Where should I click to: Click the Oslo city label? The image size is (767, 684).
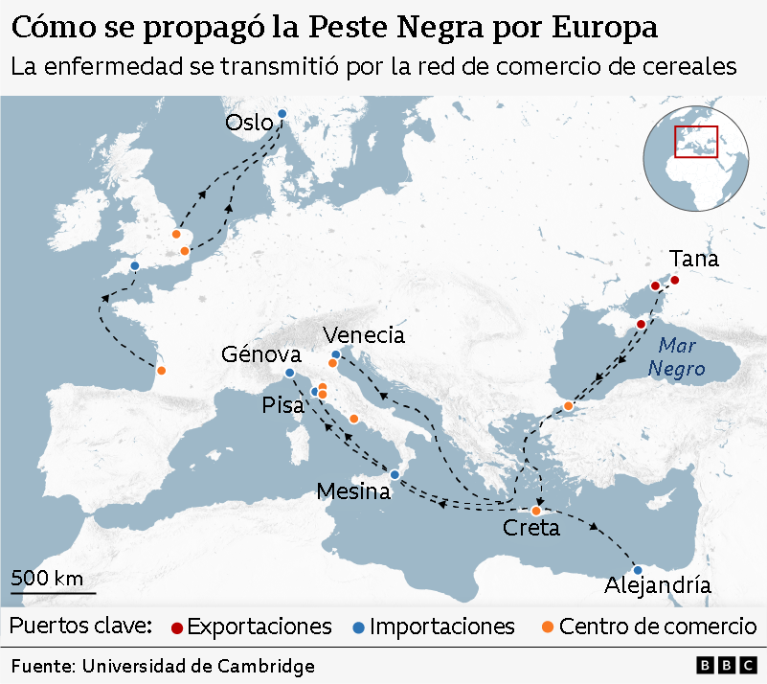click(x=249, y=122)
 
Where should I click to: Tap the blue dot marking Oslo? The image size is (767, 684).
click(x=282, y=115)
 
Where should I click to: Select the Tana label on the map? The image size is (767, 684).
click(x=694, y=259)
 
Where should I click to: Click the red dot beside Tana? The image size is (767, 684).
click(x=674, y=280)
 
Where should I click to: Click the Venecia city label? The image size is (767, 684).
click(x=364, y=335)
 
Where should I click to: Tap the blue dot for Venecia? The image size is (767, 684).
click(x=335, y=355)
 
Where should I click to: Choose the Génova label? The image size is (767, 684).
click(x=261, y=354)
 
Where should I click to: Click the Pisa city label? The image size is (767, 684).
click(x=282, y=406)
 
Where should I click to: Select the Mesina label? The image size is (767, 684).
click(x=353, y=491)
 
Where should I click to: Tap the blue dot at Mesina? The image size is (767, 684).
click(x=395, y=474)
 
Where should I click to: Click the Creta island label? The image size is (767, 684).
click(x=531, y=528)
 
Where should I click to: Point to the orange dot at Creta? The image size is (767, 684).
click(x=536, y=511)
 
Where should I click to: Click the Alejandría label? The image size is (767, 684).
click(x=658, y=585)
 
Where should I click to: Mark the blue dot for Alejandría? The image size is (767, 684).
click(x=638, y=570)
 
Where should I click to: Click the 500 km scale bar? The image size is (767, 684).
click(x=47, y=586)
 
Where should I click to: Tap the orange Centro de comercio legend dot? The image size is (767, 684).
click(x=547, y=627)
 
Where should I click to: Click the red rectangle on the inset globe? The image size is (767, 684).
click(x=696, y=142)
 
